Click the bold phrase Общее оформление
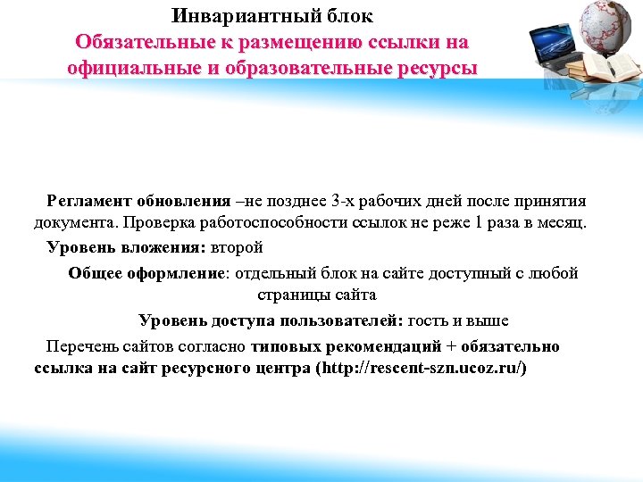tap(148, 273)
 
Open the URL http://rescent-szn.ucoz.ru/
tap(422, 368)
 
